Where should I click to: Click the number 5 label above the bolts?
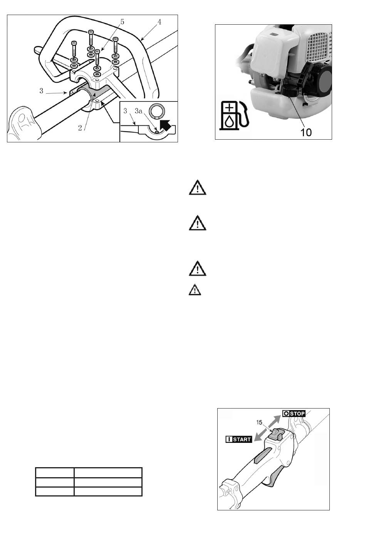click(x=122, y=22)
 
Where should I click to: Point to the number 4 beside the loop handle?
click(x=159, y=22)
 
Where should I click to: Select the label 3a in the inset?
click(x=139, y=111)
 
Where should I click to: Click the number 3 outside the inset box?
click(x=41, y=91)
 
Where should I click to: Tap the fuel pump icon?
click(x=234, y=115)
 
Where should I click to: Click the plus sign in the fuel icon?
click(x=229, y=107)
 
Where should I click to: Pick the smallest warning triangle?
click(x=194, y=290)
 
